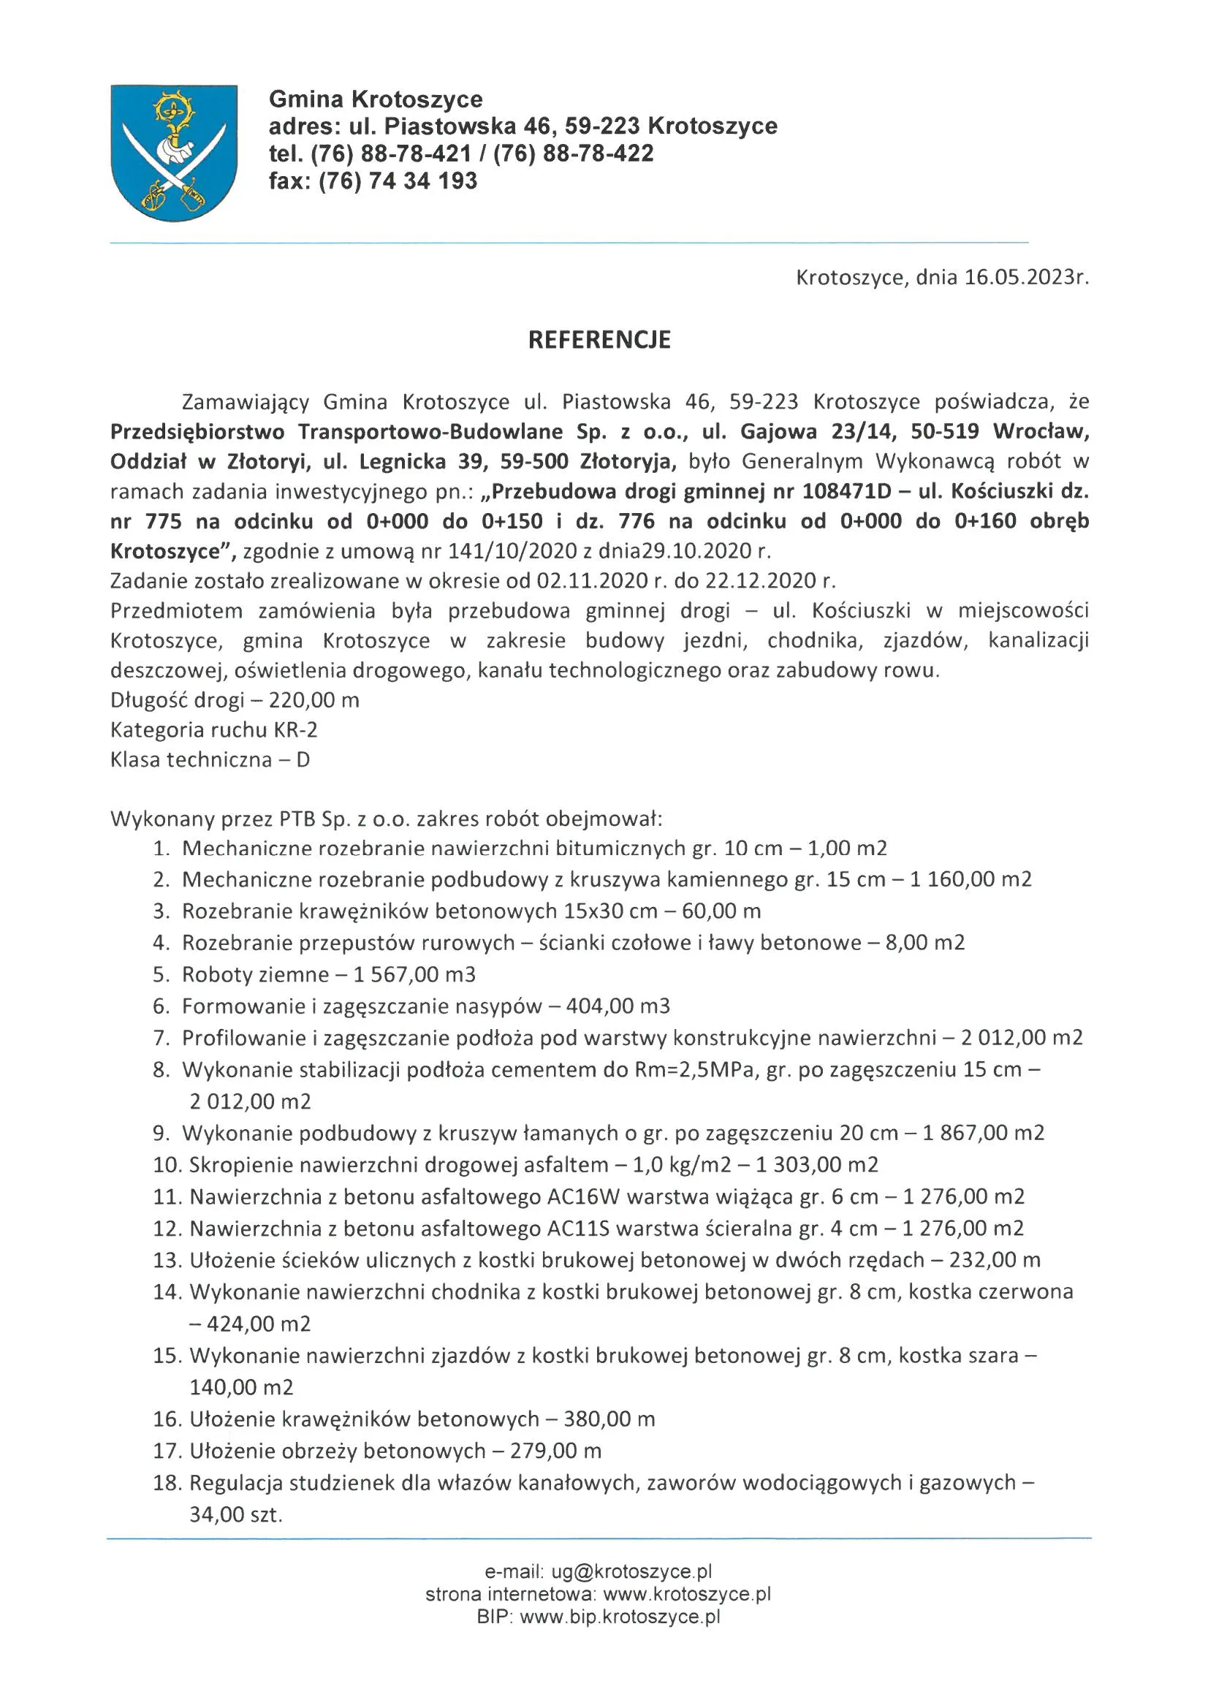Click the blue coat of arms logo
pos(174,153)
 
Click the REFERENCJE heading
pos(599,340)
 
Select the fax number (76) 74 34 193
pos(398,181)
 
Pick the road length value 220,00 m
pos(314,700)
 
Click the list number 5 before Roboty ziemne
pos(162,974)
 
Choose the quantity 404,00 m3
pos(618,1006)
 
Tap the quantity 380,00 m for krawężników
pos(609,1419)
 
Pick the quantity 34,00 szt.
pos(236,1514)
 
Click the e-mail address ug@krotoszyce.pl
pos(631,1572)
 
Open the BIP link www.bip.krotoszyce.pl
pos(620,1617)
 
